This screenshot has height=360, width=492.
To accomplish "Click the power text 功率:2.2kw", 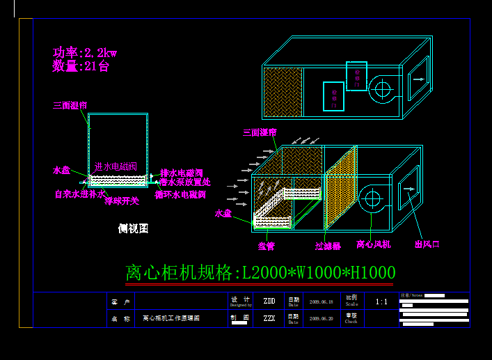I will (x=84, y=52).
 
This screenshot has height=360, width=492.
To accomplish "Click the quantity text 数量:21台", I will (x=80, y=67).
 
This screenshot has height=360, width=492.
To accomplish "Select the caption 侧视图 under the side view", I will (x=133, y=228).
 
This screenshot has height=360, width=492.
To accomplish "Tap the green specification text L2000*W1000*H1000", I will (x=260, y=273).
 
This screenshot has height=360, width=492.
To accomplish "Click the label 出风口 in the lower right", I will (x=427, y=244).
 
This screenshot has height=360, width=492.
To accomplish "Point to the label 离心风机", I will (x=374, y=244).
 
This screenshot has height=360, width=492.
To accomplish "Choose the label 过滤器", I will (x=328, y=246).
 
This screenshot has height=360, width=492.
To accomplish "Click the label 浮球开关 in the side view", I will (x=122, y=201).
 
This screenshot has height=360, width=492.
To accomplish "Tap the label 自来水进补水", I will (x=79, y=194).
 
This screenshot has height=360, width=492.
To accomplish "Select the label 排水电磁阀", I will (x=182, y=173).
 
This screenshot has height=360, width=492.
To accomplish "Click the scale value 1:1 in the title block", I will (x=381, y=302).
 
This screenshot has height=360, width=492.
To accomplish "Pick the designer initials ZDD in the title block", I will (x=269, y=302).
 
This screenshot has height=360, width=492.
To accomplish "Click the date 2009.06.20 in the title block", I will (x=321, y=318).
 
